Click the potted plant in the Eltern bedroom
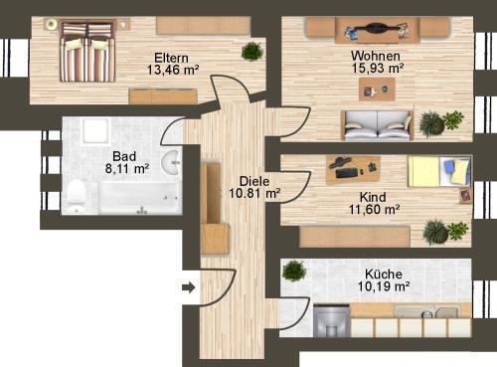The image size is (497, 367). tap(251, 51)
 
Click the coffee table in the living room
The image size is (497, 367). tap(377, 91)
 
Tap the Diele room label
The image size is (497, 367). tap(254, 182)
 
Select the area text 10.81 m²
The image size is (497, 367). tap(254, 195)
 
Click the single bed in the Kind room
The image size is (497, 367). tap(436, 172)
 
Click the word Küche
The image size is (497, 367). tap(383, 273)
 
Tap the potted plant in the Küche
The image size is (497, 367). tap(293, 271)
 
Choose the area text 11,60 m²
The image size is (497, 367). tap(375, 210)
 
